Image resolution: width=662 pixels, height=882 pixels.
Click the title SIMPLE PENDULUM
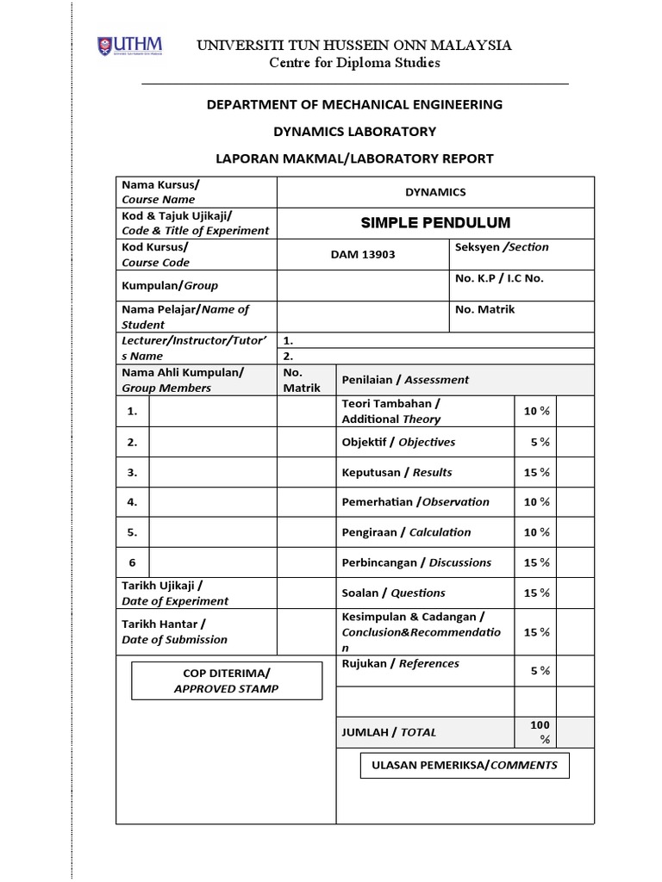pos(435,223)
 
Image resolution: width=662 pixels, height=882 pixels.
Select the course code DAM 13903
pos(364,255)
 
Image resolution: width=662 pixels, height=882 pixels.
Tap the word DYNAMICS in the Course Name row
pos(435,192)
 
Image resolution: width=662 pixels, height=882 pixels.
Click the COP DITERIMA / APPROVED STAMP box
pos(227,680)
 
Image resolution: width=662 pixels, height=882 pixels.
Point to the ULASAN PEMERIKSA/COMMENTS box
pos(465,765)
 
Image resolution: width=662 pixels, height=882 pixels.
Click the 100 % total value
pos(540,732)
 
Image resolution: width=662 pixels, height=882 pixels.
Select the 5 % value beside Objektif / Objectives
pos(540,442)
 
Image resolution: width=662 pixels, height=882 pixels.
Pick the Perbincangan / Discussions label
pos(416,562)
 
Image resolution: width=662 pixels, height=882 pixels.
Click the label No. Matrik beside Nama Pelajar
pos(484,309)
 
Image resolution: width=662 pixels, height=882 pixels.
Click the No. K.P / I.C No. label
pos(499,278)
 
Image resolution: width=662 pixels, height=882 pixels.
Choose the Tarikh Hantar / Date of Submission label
pos(175,631)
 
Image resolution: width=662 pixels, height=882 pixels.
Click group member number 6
pos(133,562)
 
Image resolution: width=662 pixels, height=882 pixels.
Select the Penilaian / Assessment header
pos(405,379)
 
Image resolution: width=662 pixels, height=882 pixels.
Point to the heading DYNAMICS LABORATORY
pos(354,132)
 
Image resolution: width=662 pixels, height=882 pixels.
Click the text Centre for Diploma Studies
pos(354,63)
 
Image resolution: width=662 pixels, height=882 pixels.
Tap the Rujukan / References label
pos(400,663)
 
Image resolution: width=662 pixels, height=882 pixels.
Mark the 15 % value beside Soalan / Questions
pos(537,593)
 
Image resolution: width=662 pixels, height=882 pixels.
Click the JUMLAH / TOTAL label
pos(390,732)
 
